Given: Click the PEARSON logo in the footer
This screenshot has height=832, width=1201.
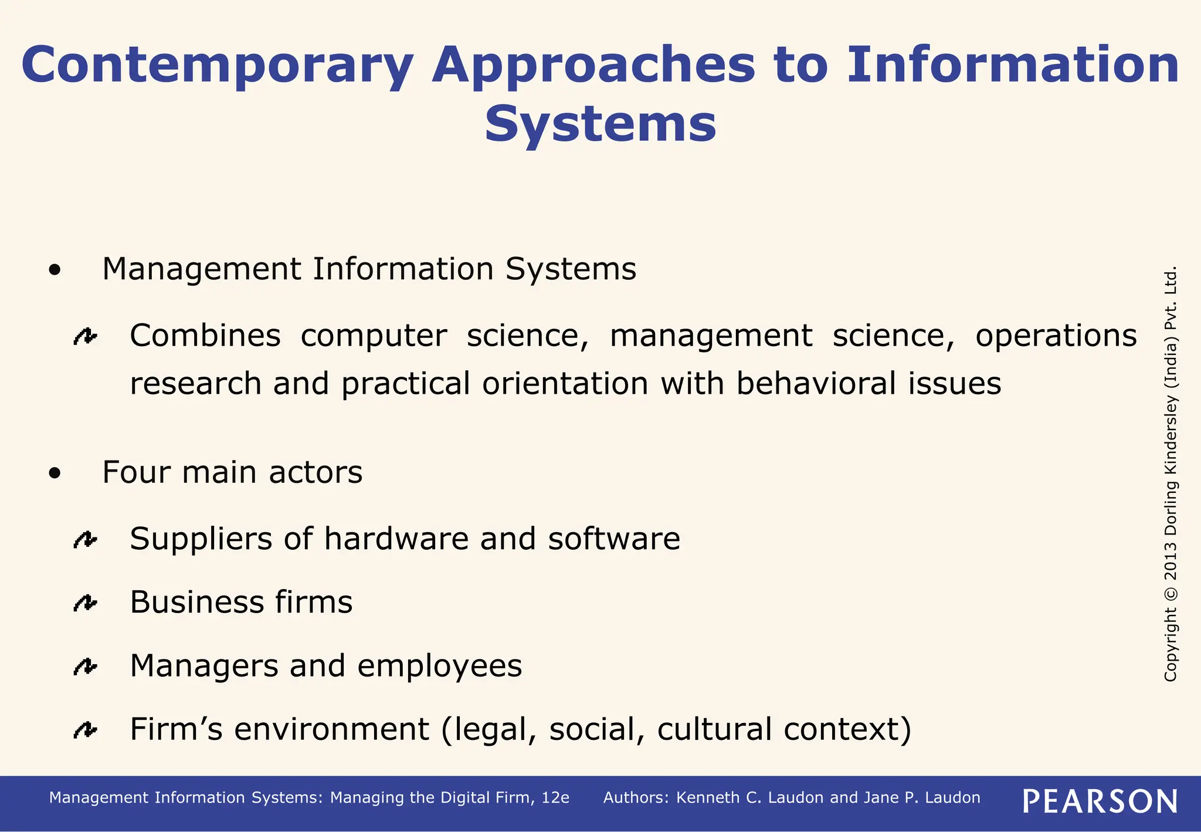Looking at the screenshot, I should (1100, 801).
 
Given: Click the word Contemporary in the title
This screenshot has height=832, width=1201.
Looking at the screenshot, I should (218, 66).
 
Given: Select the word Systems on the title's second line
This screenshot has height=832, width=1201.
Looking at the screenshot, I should (600, 124).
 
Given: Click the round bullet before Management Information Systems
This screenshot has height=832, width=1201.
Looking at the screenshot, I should (55, 270).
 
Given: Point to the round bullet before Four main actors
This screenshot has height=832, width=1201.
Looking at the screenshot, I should (55, 474).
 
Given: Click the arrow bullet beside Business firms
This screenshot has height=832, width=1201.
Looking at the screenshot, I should (86, 603).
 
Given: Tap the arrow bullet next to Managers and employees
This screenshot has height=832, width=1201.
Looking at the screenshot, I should (86, 667).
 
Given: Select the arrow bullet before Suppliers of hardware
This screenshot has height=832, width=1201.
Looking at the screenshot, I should (86, 539).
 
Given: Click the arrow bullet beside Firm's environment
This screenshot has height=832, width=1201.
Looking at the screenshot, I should (86, 730).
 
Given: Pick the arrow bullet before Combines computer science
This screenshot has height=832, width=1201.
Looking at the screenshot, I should (86, 336).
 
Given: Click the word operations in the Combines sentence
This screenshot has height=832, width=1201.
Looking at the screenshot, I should (1056, 336).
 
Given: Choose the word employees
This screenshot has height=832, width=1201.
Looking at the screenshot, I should (439, 667).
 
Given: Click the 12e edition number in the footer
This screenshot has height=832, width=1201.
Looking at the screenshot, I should (555, 798).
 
